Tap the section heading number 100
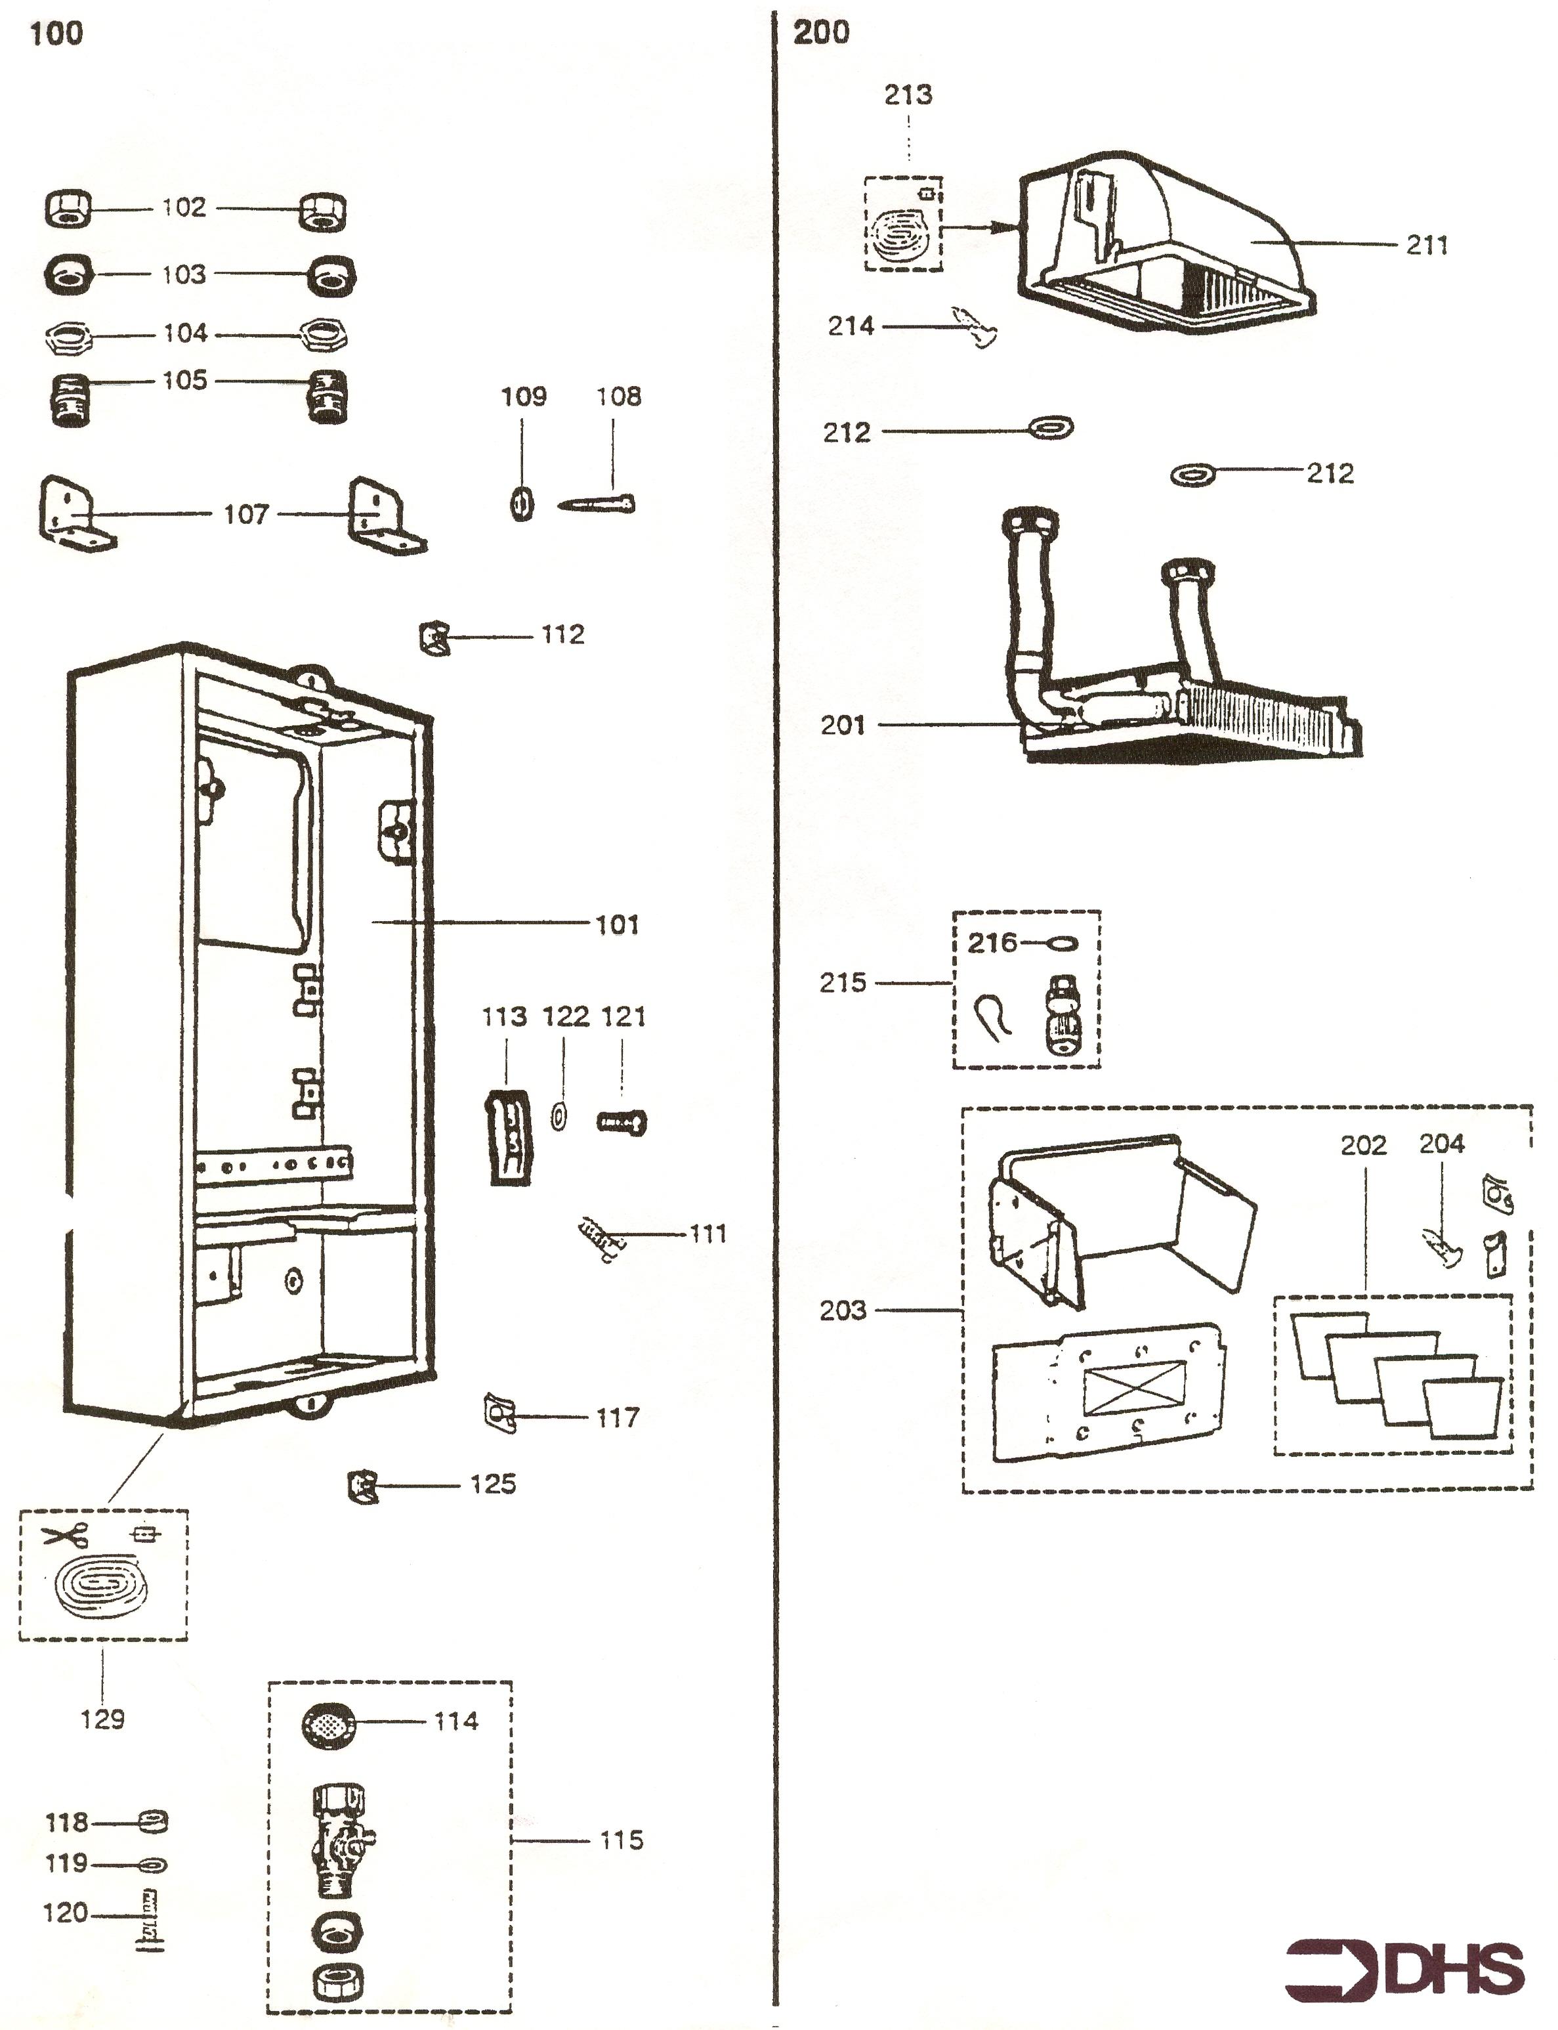pyautogui.click(x=56, y=34)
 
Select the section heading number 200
pyautogui.click(x=821, y=32)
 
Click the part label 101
pyautogui.click(x=617, y=925)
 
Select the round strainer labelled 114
pyautogui.click(x=330, y=1724)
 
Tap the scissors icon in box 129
pyautogui.click(x=65, y=1536)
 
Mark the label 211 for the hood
pyautogui.click(x=1426, y=245)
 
